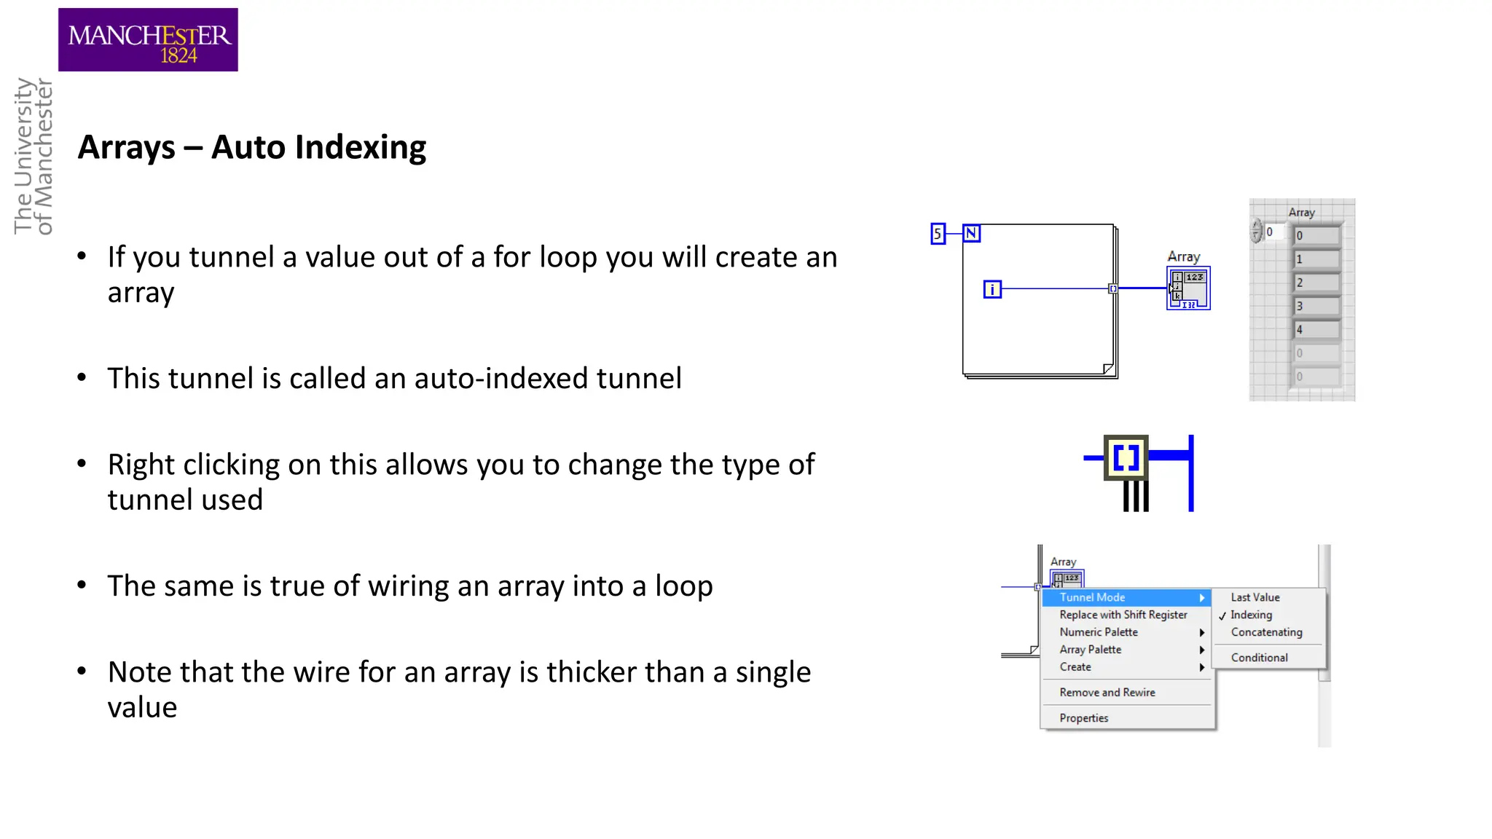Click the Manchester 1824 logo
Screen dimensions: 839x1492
pos(148,40)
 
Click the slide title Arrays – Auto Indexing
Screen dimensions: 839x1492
pos(251,148)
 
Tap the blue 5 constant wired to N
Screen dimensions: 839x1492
pos(938,234)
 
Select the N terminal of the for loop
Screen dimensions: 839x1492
pos(971,233)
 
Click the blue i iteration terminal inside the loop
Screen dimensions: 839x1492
pos(992,290)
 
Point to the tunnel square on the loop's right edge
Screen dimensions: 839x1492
pos(1113,289)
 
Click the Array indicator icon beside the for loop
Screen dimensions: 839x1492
pos(1188,288)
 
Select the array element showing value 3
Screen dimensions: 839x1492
pos(1316,306)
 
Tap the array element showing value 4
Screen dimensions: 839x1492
pos(1316,330)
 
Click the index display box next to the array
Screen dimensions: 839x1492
pos(1273,232)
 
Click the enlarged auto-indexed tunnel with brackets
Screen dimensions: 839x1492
pos(1126,458)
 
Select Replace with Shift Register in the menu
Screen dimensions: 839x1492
pos(1123,615)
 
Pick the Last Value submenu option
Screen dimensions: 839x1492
pos(1255,598)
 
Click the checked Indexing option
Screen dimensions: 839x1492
pos(1251,615)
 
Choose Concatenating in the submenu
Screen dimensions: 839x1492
pos(1266,633)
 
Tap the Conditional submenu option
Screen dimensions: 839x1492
pos(1259,658)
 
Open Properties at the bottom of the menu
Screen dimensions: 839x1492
pos(1084,719)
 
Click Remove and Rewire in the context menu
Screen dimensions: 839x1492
pos(1107,693)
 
